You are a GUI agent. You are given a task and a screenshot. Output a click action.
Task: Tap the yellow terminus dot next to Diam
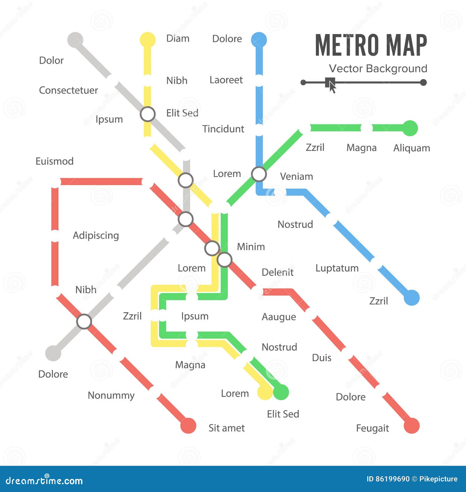pos(148,40)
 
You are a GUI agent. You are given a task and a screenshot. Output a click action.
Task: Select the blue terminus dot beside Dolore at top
pos(259,40)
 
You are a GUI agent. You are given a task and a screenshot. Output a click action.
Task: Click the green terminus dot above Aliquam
pos(410,128)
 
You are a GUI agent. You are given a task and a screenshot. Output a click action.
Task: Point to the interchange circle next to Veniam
pos(259,174)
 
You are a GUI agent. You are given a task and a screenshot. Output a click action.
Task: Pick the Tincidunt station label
pos(223,129)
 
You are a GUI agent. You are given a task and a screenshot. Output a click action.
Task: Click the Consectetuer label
pos(68,90)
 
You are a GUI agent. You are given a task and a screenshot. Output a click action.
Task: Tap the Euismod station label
pos(54,161)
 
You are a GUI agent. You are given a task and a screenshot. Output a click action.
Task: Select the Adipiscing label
pos(96,235)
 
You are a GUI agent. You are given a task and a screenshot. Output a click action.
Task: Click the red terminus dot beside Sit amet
pos(188,426)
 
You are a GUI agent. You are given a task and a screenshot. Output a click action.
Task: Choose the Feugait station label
pos(372,428)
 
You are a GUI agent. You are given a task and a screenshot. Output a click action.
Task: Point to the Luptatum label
pos(337,268)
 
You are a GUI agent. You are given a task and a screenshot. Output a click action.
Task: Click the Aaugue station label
pos(279,317)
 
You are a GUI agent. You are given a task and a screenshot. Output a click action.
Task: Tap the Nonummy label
pos(111,395)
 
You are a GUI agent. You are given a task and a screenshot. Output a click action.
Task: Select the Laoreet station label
pos(226,80)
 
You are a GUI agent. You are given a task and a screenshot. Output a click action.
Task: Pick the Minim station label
pos(251,247)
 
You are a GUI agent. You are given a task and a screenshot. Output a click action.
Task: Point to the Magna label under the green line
pos(361,148)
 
